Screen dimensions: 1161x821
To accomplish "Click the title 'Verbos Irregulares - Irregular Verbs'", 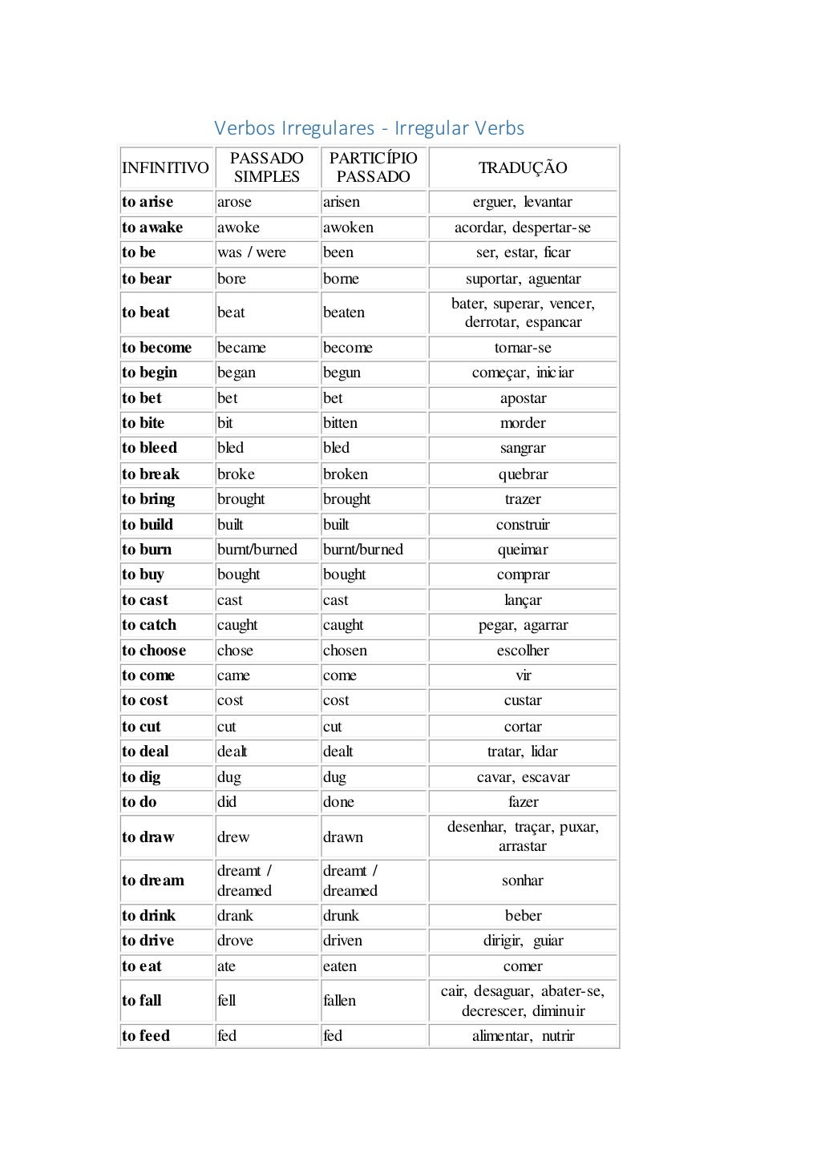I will click(x=369, y=128).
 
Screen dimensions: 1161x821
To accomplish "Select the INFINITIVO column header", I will click(x=165, y=168).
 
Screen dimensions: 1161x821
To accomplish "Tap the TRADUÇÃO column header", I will click(x=523, y=168).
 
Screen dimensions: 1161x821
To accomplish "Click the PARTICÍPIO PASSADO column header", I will click(x=373, y=167).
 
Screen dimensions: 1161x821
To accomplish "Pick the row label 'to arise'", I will click(x=148, y=202).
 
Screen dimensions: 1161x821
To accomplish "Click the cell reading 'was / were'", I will click(x=252, y=252).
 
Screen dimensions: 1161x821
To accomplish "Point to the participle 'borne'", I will click(x=341, y=279).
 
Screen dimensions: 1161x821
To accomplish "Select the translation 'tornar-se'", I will click(x=523, y=348).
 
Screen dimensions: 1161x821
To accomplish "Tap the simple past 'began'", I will click(x=237, y=373).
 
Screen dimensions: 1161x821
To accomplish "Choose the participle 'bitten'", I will click(x=340, y=423).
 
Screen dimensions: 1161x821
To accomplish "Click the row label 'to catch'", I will click(x=149, y=625).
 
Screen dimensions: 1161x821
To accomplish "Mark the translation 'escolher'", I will click(x=523, y=651).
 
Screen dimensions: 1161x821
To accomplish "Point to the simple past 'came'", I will click(x=233, y=675).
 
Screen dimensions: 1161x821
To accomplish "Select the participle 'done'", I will click(x=338, y=802).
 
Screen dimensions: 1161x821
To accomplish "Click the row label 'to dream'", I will click(x=153, y=881).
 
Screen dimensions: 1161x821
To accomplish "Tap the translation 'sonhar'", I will click(x=523, y=881).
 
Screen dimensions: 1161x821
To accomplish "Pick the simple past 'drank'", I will click(x=235, y=916).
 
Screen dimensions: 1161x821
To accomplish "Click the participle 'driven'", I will click(x=342, y=941).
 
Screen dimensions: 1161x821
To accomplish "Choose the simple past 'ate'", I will click(x=226, y=966).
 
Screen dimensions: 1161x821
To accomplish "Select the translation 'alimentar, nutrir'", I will click(x=523, y=1036).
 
